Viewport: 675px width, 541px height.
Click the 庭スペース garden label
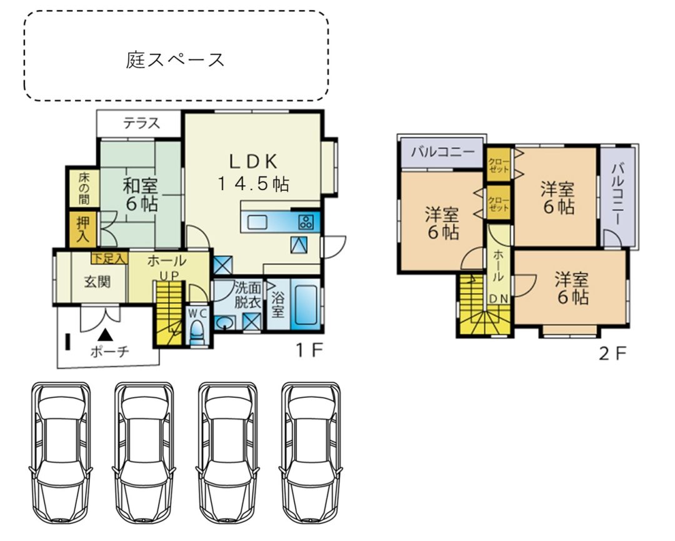tap(175, 60)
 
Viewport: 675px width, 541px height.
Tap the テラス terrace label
tap(141, 123)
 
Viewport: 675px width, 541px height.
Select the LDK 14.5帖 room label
tap(252, 171)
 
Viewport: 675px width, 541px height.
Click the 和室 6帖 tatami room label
tap(140, 195)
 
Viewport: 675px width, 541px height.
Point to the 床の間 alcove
tap(84, 187)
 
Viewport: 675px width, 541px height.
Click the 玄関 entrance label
tap(97, 281)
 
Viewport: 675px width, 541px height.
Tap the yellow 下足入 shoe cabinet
tap(110, 257)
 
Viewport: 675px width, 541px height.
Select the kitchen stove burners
tap(306, 221)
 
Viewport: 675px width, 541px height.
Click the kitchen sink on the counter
tap(257, 221)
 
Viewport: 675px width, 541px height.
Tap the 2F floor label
tap(612, 354)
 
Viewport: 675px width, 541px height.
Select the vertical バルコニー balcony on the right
tap(618, 195)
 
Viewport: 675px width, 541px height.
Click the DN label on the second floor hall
tap(498, 299)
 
